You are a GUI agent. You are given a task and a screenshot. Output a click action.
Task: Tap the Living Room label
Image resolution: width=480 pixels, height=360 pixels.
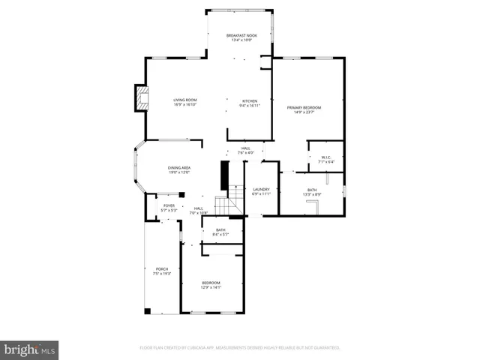pos(184,100)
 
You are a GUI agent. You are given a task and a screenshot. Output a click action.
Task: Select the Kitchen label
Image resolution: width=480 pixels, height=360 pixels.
pos(250,101)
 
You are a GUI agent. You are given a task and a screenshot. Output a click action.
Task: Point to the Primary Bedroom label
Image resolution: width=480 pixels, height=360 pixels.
pos(304,108)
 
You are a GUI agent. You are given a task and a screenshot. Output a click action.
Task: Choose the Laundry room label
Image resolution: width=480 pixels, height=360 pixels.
pos(261,189)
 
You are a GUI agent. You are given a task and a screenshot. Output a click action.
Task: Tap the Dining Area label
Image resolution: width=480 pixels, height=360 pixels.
pos(178,168)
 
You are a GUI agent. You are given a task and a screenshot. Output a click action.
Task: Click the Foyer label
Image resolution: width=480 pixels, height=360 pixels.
pos(169,205)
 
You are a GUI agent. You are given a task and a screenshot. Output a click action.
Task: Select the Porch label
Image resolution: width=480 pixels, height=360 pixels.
pos(162,268)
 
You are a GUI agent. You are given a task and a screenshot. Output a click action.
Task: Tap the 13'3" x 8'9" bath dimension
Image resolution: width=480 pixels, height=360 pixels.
pos(313,194)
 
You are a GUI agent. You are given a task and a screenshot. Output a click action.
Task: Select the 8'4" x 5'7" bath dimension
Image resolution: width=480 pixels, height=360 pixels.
pos(220,235)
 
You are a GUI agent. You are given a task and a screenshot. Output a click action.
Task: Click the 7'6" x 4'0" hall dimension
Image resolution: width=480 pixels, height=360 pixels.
pos(246,153)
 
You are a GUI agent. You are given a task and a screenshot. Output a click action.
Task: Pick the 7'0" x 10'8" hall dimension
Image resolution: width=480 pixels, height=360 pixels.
pos(199,213)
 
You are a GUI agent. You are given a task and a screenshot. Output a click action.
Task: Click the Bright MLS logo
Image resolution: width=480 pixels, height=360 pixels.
pos(30,349)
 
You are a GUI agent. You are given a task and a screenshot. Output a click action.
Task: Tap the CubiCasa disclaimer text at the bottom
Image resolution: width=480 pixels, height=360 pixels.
pos(240,348)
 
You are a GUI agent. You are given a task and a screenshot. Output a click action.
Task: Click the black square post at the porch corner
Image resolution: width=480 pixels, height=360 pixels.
pos(148,310)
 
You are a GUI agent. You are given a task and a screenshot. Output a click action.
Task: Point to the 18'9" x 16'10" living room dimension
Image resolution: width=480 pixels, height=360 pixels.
pos(184,104)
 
